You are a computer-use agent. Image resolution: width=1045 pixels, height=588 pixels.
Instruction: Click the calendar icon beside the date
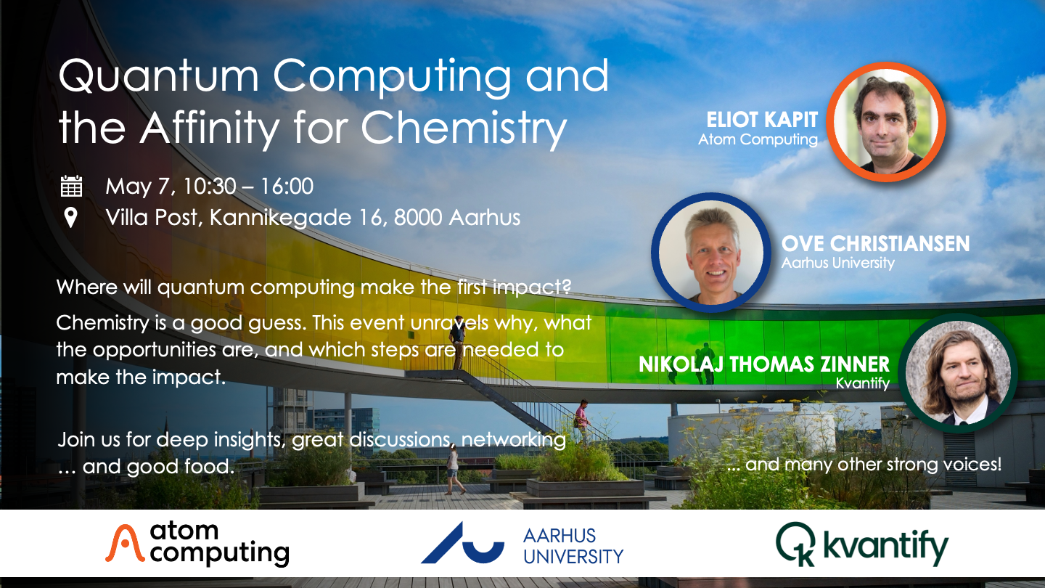[x=71, y=187]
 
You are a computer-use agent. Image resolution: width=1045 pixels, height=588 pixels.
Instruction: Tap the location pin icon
[x=70, y=218]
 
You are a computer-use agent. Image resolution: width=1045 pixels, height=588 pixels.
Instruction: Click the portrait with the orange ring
[x=885, y=121]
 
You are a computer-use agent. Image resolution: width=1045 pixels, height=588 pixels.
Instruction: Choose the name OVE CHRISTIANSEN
[x=875, y=243]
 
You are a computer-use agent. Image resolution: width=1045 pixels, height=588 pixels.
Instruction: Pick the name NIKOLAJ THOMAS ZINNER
[x=763, y=364]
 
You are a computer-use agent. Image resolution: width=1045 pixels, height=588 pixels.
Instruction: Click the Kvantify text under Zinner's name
[x=862, y=383]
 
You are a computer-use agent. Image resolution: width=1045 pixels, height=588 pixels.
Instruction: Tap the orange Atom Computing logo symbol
[x=123, y=544]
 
